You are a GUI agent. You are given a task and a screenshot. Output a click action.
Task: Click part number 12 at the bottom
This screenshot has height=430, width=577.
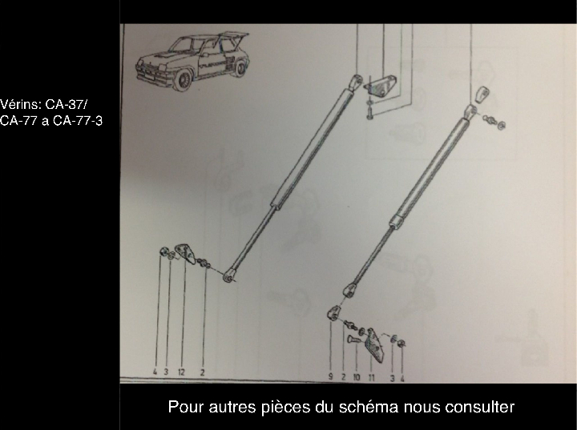point(183,372)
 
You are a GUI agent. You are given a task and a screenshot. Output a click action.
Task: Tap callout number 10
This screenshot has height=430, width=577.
point(357,376)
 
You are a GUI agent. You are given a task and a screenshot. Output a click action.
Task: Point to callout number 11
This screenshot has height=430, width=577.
point(373,376)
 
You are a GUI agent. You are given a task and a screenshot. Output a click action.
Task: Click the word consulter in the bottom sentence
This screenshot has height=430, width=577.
point(479,407)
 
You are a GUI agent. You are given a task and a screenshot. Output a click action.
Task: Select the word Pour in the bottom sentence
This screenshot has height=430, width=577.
point(184,407)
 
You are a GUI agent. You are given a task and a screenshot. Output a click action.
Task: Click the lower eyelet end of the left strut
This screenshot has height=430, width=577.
point(230,277)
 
